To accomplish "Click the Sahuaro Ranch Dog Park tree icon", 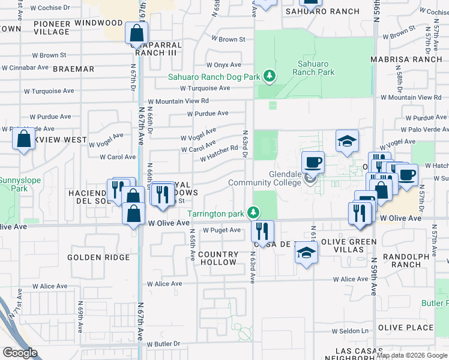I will pyautogui.click(x=270, y=76).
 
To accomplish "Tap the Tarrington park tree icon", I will pyautogui.click(x=254, y=213).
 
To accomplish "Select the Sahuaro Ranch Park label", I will pyautogui.click(x=313, y=68).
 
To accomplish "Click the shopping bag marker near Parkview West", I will pyautogui.click(x=23, y=139).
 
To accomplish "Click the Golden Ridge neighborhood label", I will pyautogui.click(x=98, y=257).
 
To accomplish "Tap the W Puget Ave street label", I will pyautogui.click(x=221, y=230).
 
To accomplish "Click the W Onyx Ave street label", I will pyautogui.click(x=224, y=65).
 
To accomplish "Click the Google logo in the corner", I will pyautogui.click(x=19, y=353).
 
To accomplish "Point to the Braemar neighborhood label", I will pyautogui.click(x=73, y=69).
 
